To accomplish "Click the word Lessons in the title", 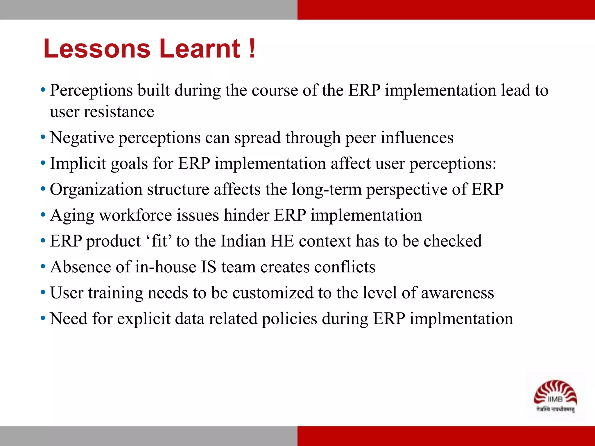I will [97, 48].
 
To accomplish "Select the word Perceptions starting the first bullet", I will [91, 90].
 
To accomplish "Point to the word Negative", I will [82, 138].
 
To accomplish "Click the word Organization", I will [96, 189].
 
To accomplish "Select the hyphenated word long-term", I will [327, 189].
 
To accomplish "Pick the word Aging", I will [72, 215].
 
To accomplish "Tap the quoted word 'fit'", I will [159, 241].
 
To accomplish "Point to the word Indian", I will [243, 241].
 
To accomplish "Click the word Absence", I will [80, 267].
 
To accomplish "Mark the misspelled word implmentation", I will [461, 319].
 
